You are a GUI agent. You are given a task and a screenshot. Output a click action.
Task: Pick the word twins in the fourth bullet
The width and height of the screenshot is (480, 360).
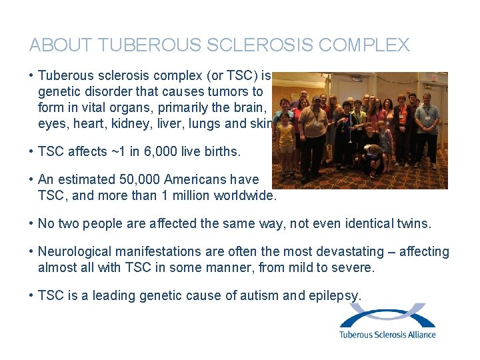click(x=413, y=223)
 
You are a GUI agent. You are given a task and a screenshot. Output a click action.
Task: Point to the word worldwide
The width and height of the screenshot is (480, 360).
click(x=245, y=195)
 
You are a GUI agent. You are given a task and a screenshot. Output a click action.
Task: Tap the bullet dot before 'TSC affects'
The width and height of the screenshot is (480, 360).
click(x=32, y=151)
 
